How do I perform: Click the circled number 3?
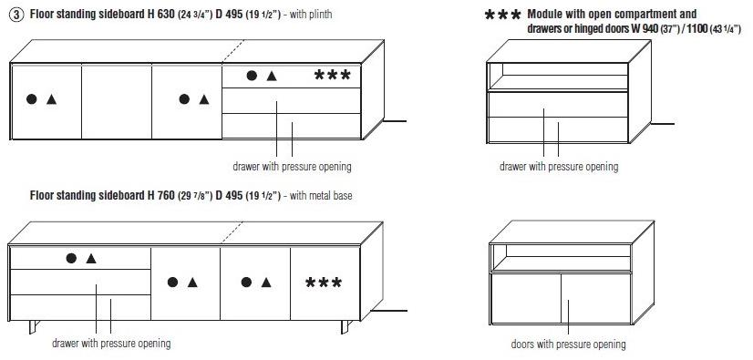click(x=15, y=15)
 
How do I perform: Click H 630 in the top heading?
click(x=161, y=14)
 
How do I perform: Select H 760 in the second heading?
click(x=161, y=195)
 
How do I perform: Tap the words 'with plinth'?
click(x=311, y=15)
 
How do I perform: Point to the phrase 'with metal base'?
click(x=321, y=196)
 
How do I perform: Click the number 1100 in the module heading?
click(x=697, y=29)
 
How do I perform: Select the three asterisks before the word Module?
click(x=503, y=15)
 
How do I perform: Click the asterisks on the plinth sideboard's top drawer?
click(x=333, y=75)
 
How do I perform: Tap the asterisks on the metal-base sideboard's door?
click(x=324, y=283)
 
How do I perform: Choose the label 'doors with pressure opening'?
click(x=568, y=345)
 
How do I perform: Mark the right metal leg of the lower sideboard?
click(x=346, y=327)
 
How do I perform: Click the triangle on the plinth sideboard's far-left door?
click(x=51, y=99)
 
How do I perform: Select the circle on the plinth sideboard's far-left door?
click(x=32, y=99)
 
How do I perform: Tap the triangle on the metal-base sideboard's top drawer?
click(x=91, y=259)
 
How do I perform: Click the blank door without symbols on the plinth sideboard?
click(x=117, y=102)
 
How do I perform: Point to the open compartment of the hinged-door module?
click(x=561, y=257)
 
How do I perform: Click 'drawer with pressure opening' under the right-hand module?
click(x=559, y=167)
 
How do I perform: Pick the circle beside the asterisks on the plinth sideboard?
click(x=252, y=76)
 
